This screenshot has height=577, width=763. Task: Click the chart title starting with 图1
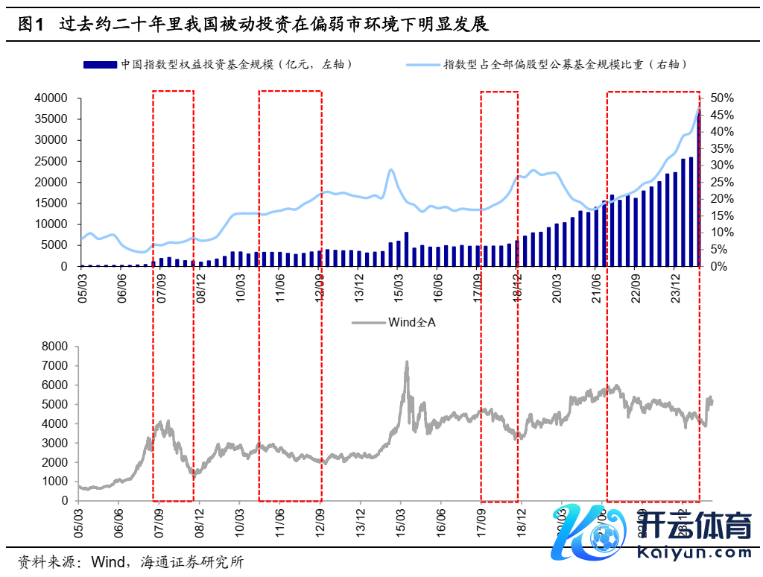[253, 24]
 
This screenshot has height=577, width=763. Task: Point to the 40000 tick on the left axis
[51, 98]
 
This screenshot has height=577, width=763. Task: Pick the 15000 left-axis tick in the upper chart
[51, 203]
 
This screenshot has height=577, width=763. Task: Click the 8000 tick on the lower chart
[54, 347]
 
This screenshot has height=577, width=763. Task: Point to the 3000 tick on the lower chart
[54, 443]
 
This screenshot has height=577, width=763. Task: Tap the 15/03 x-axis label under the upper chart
[400, 284]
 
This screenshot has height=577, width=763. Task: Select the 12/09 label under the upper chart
[320, 284]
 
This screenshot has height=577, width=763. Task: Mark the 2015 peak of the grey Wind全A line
[406, 362]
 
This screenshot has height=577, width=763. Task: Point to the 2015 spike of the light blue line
[391, 170]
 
